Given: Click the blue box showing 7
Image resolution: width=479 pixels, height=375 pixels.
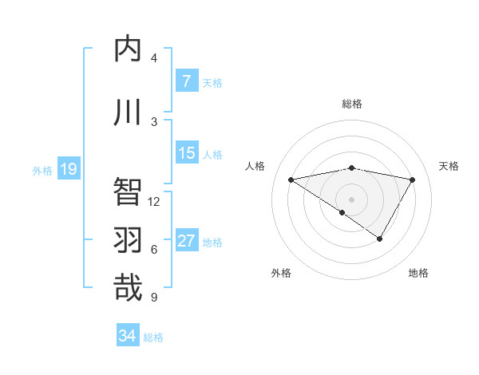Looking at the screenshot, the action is pyautogui.click(x=186, y=81).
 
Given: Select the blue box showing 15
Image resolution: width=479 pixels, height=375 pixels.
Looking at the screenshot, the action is pyautogui.click(x=186, y=153).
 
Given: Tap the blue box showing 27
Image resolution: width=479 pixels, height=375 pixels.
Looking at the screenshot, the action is pyautogui.click(x=186, y=241).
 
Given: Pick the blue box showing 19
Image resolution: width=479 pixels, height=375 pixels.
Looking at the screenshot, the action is pyautogui.click(x=68, y=169).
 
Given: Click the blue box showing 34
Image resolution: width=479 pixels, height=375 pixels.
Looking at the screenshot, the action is pyautogui.click(x=128, y=336).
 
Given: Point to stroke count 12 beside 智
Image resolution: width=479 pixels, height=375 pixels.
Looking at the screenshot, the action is pyautogui.click(x=154, y=202).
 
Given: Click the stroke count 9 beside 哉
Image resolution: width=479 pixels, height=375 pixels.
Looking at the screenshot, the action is pyautogui.click(x=153, y=298).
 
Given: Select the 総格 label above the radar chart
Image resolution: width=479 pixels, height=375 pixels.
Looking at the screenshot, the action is pyautogui.click(x=351, y=104).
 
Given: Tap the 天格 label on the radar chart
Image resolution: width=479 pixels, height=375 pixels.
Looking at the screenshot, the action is pyautogui.click(x=449, y=166).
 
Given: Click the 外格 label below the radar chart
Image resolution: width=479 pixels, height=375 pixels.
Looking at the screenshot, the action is pyautogui.click(x=280, y=273).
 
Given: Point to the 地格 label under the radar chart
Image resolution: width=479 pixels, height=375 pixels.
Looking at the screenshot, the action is pyautogui.click(x=418, y=273).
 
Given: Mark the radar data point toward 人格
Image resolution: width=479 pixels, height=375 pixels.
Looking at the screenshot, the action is pyautogui.click(x=291, y=180).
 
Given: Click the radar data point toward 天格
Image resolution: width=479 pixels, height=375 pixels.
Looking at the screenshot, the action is pyautogui.click(x=412, y=180).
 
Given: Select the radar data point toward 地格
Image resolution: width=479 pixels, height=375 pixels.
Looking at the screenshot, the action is pyautogui.click(x=380, y=239).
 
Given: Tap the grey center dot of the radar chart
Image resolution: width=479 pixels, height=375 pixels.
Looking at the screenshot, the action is pyautogui.click(x=351, y=199).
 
